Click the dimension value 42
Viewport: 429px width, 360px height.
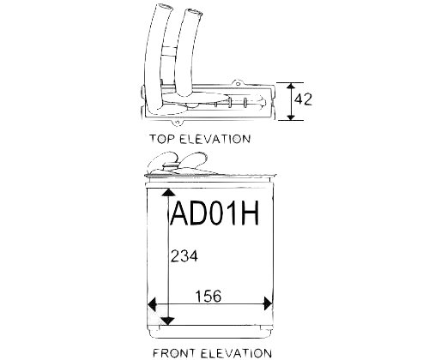(x=303, y=99)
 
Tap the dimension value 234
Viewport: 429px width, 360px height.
(x=184, y=256)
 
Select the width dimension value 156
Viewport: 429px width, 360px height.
(x=208, y=296)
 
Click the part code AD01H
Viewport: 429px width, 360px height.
(x=214, y=213)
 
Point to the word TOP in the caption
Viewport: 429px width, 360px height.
(x=162, y=139)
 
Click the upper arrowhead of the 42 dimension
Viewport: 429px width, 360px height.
(x=291, y=86)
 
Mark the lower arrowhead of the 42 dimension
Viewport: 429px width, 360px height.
(x=291, y=117)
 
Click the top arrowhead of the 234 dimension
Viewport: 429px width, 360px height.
(x=168, y=192)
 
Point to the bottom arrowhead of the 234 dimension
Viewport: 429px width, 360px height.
(x=168, y=321)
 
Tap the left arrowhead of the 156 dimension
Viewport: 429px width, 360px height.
(x=152, y=303)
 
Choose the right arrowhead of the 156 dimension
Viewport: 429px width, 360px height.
(x=268, y=303)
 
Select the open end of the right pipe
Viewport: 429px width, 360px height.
(x=193, y=12)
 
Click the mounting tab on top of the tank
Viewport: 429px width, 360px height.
(x=237, y=83)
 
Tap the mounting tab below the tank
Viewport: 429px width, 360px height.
(x=178, y=123)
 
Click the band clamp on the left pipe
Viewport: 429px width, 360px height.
(x=168, y=51)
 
